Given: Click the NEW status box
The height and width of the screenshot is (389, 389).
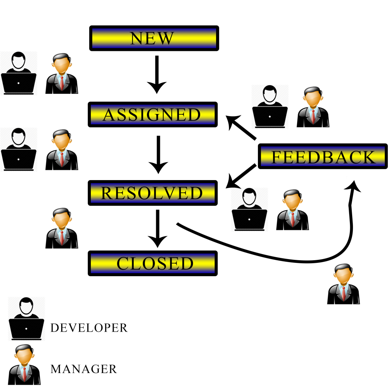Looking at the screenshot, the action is point(154,38).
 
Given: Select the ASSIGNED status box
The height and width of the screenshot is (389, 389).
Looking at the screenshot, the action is point(153,114).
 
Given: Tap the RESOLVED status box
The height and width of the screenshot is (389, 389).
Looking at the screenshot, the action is point(153,193).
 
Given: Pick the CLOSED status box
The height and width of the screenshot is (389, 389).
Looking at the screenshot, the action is point(153,263).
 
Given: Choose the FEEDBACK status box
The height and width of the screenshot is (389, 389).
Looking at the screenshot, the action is point(323,156).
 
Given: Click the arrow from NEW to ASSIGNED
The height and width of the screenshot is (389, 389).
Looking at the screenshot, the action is point(157,74).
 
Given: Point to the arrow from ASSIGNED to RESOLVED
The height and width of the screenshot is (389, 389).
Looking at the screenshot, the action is point(158,155).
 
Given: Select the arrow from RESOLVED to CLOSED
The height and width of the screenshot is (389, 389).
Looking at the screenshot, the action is point(158,228).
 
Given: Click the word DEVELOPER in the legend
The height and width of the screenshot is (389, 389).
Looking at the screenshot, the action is point(89,328).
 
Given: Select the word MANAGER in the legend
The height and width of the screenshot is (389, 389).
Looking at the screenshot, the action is point(83,369).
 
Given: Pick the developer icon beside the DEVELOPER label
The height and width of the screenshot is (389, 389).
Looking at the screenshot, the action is point(26,319).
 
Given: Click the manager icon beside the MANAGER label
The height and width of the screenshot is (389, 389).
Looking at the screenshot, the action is point(24,364).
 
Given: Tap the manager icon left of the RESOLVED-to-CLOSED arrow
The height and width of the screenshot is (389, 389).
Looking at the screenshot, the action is point(62,228).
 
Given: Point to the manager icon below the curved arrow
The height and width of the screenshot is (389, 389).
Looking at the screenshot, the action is point(343,284).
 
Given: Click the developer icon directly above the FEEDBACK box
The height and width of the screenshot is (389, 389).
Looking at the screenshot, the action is point(270,106).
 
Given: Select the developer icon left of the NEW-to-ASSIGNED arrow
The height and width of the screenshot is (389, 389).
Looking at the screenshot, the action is point(19,73).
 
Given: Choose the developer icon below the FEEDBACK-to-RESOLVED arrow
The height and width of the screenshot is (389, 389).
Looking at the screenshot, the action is point(249,209).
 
